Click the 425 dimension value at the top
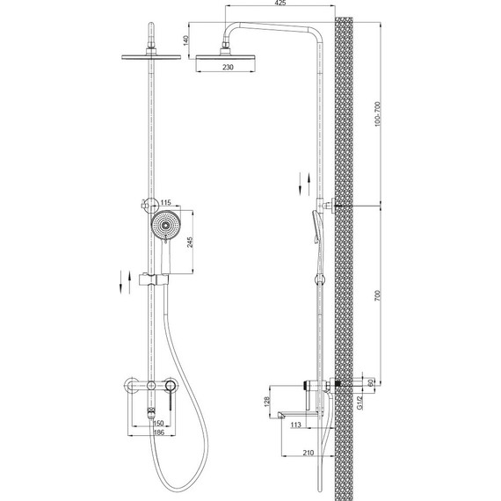tap(280, 3)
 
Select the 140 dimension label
tap(186, 40)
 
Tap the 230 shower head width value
tap(228, 67)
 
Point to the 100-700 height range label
tap(377, 114)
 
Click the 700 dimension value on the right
tap(377, 295)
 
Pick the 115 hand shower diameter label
tap(166, 202)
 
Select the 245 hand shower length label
tap(190, 243)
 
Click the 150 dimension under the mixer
tap(159, 424)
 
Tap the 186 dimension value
tap(159, 432)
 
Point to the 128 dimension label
tap(267, 402)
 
